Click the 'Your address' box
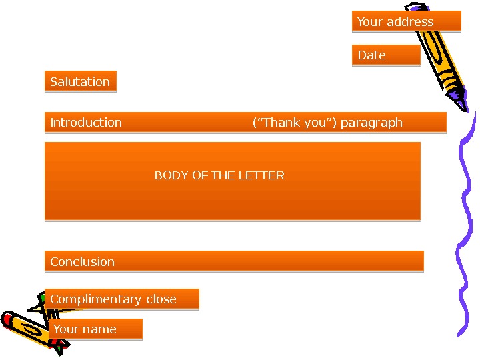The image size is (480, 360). pyautogui.click(x=406, y=21)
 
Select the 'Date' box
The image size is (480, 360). pyautogui.click(x=385, y=55)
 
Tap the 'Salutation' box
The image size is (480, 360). pyautogui.click(x=80, y=81)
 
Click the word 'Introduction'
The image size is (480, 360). pyautogui.click(x=86, y=122)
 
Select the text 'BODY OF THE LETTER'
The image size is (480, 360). pyautogui.click(x=219, y=175)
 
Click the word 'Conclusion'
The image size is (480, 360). pyautogui.click(x=83, y=261)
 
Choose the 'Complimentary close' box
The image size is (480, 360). pyautogui.click(x=121, y=299)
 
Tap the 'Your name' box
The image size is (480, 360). pyautogui.click(x=95, y=329)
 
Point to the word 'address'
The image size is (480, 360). pyautogui.click(x=411, y=21)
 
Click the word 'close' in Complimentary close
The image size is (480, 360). pyautogui.click(x=161, y=299)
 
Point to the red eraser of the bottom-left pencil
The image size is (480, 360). pyautogui.click(x=8, y=319)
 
